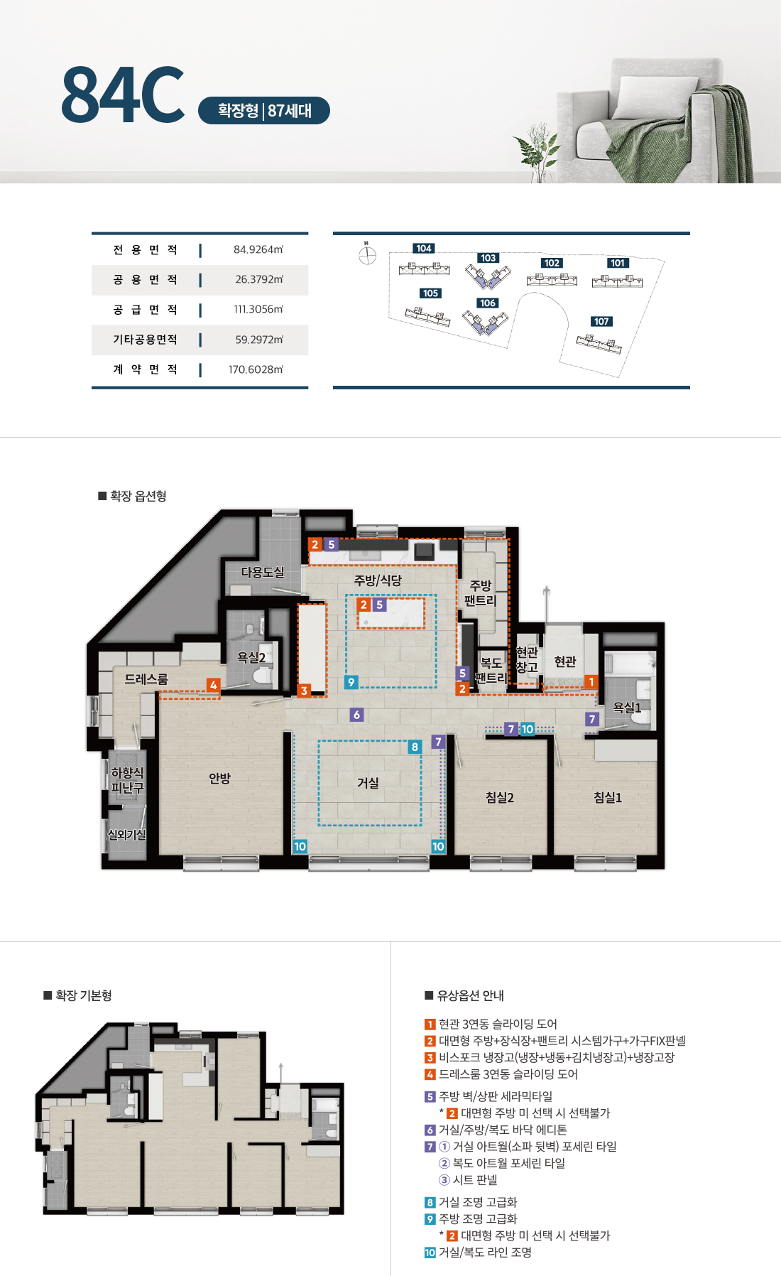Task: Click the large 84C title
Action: pyautogui.click(x=123, y=94)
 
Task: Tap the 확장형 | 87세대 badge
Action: pyautogui.click(x=264, y=111)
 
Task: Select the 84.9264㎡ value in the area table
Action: pyautogui.click(x=258, y=249)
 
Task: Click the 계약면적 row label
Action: pyautogui.click(x=146, y=369)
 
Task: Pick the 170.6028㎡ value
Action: pyautogui.click(x=256, y=369)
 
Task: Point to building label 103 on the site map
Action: pyautogui.click(x=488, y=258)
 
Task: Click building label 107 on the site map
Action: pyautogui.click(x=601, y=321)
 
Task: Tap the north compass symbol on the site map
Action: pyautogui.click(x=367, y=254)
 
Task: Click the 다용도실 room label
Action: pyautogui.click(x=263, y=572)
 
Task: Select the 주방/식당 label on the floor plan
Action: pyautogui.click(x=378, y=580)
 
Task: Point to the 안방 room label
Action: pyautogui.click(x=220, y=779)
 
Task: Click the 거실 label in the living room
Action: pyautogui.click(x=368, y=783)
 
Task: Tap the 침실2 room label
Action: pyautogui.click(x=500, y=798)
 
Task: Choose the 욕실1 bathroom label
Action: pyautogui.click(x=627, y=708)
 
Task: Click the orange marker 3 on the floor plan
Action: pyautogui.click(x=304, y=691)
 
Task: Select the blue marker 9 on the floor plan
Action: pyautogui.click(x=351, y=682)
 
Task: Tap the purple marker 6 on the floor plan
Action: pyautogui.click(x=357, y=715)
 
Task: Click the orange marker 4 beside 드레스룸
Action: pyautogui.click(x=213, y=685)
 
